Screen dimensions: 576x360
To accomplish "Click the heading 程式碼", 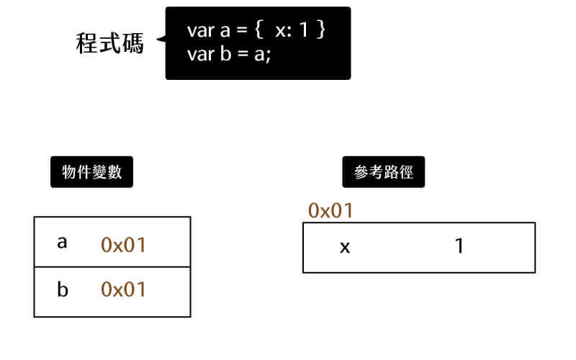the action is pos(109,43).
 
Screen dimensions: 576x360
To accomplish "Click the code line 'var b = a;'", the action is pos(228,54).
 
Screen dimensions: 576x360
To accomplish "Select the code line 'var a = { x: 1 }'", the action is pos(257,31).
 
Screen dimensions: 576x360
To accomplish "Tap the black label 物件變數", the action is pos(91,173).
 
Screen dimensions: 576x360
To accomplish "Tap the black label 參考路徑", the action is pos(383,173).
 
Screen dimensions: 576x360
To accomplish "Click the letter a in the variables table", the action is pos(62,243).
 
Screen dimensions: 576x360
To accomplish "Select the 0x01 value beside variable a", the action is pos(123,245).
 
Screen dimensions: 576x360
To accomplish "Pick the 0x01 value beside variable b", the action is pos(123,289).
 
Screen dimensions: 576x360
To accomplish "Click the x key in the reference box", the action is pos(345,247).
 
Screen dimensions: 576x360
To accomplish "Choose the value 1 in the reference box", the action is pos(459,246).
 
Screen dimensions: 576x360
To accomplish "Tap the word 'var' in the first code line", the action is pos(199,32).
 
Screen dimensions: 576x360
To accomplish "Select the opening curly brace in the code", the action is pos(258,32).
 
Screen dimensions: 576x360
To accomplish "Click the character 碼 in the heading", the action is pos(132,43).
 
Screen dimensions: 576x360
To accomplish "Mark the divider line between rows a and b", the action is pos(112,266).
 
